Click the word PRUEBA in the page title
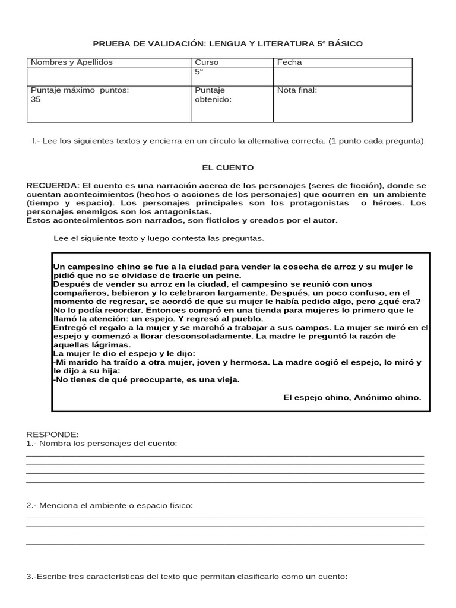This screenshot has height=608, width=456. click(x=109, y=43)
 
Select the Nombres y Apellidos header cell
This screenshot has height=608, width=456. click(x=71, y=62)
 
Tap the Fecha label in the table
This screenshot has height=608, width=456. click(x=289, y=62)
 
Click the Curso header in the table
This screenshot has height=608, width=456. click(x=207, y=62)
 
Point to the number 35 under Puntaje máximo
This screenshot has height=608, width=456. click(x=36, y=100)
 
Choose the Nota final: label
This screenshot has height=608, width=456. click(x=297, y=90)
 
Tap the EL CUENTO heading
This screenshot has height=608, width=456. click(x=228, y=168)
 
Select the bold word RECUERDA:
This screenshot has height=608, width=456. click(x=53, y=186)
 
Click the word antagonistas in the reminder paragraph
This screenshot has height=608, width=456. click(x=186, y=211)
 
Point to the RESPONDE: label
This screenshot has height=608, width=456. click(x=52, y=435)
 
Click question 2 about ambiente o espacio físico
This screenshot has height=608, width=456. click(x=110, y=505)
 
